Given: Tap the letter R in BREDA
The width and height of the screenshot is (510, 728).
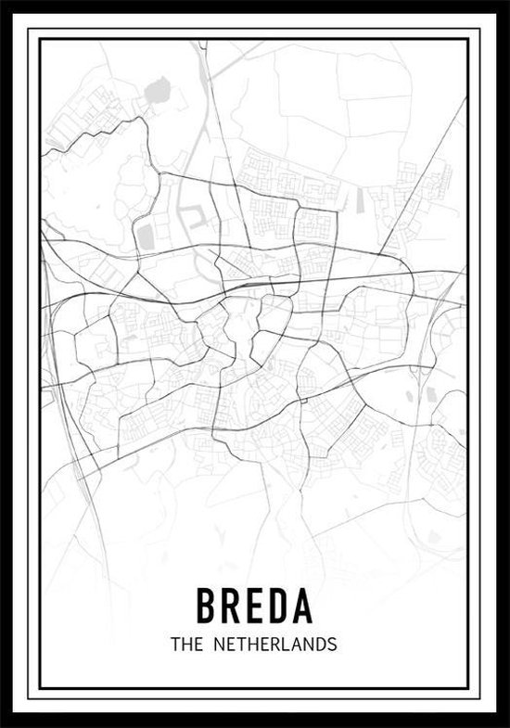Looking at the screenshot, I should pos(231,606).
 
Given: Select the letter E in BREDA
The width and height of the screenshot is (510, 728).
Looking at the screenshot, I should pos(255,606).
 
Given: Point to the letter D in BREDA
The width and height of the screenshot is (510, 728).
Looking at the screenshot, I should pos(279,606).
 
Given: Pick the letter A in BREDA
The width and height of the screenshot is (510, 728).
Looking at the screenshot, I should pos(304,606).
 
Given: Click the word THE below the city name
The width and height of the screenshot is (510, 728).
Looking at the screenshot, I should pos(185,643).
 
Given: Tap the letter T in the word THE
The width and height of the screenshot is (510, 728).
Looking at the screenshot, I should pos(175,643).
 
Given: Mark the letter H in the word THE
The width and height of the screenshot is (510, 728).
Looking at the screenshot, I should pos(185,643).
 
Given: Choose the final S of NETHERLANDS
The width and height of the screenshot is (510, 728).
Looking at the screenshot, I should pos(331,643).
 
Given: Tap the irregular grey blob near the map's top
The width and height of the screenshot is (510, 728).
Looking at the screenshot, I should pos(155,90).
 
